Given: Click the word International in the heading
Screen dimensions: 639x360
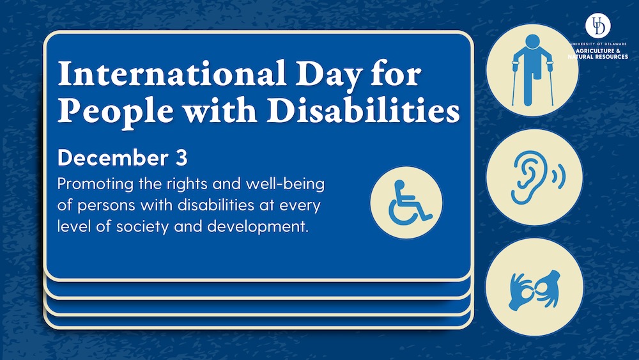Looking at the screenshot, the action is (171, 74).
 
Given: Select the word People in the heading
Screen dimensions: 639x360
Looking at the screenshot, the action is (115, 111).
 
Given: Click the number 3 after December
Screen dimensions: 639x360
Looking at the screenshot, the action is (181, 158).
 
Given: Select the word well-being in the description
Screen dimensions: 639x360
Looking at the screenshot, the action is (285, 185).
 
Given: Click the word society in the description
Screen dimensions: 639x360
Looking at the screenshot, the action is (142, 227).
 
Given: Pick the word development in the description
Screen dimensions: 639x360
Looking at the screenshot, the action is (258, 227).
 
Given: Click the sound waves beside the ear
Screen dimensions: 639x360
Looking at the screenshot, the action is (559, 176).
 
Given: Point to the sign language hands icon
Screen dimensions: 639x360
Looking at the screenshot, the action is (534, 290).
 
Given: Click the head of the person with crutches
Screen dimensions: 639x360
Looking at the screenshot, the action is (532, 42).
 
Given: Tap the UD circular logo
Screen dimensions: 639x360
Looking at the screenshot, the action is (598, 26).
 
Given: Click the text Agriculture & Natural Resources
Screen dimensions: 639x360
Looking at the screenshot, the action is (598, 54).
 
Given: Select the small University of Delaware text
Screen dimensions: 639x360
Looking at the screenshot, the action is (598, 43).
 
